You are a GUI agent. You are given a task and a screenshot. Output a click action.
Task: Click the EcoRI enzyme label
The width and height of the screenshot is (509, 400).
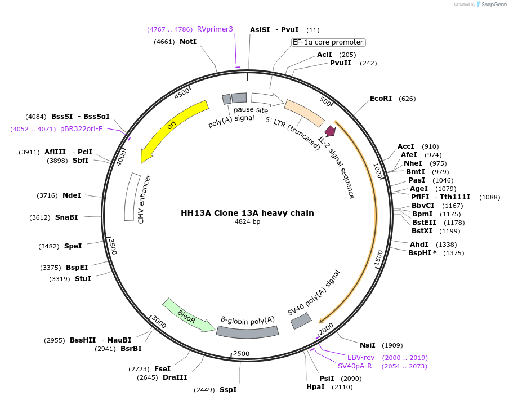click(381, 99)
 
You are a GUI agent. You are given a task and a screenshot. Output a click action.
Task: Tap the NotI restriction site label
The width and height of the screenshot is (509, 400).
click(188, 42)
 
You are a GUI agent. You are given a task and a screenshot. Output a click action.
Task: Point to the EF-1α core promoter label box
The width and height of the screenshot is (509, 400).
click(328, 42)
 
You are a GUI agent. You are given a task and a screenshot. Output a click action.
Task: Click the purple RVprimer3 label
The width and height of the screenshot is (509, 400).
click(215, 29)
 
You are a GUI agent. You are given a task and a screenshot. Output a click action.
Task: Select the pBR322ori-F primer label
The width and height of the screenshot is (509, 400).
click(81, 129)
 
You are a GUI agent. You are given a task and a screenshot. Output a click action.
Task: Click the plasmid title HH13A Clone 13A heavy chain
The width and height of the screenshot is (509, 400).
click(247, 213)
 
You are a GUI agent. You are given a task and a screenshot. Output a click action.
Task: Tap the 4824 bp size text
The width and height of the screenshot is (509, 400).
click(247, 222)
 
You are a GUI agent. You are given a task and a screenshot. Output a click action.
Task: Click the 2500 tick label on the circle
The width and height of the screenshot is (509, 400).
click(241, 353)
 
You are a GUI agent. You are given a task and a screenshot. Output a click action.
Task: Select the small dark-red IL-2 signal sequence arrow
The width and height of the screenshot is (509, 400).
click(331, 131)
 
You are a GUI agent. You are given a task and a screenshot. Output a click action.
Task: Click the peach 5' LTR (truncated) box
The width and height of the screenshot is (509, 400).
click(304, 113)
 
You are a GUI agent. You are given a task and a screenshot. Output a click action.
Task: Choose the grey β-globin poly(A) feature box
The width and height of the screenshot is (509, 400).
click(247, 331)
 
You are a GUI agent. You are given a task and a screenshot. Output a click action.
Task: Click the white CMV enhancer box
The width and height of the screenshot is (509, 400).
click(132, 197)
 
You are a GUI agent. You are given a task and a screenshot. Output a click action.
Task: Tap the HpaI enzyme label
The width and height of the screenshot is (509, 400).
click(315, 387)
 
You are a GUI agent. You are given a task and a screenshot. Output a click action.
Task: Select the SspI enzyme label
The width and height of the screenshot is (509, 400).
click(228, 390)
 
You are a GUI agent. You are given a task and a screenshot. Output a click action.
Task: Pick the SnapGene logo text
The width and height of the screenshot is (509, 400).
click(492, 5)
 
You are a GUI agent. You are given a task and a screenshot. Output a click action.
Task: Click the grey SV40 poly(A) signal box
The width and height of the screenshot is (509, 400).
click(301, 321)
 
